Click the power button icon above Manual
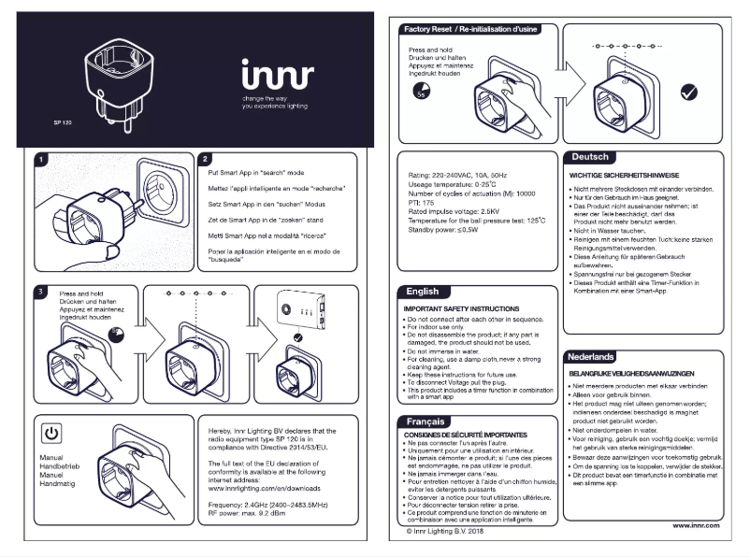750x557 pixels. pyautogui.click(x=53, y=434)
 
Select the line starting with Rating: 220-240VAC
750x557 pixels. pyautogui.click(x=455, y=175)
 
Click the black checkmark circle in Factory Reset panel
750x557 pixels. pyautogui.click(x=691, y=92)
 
